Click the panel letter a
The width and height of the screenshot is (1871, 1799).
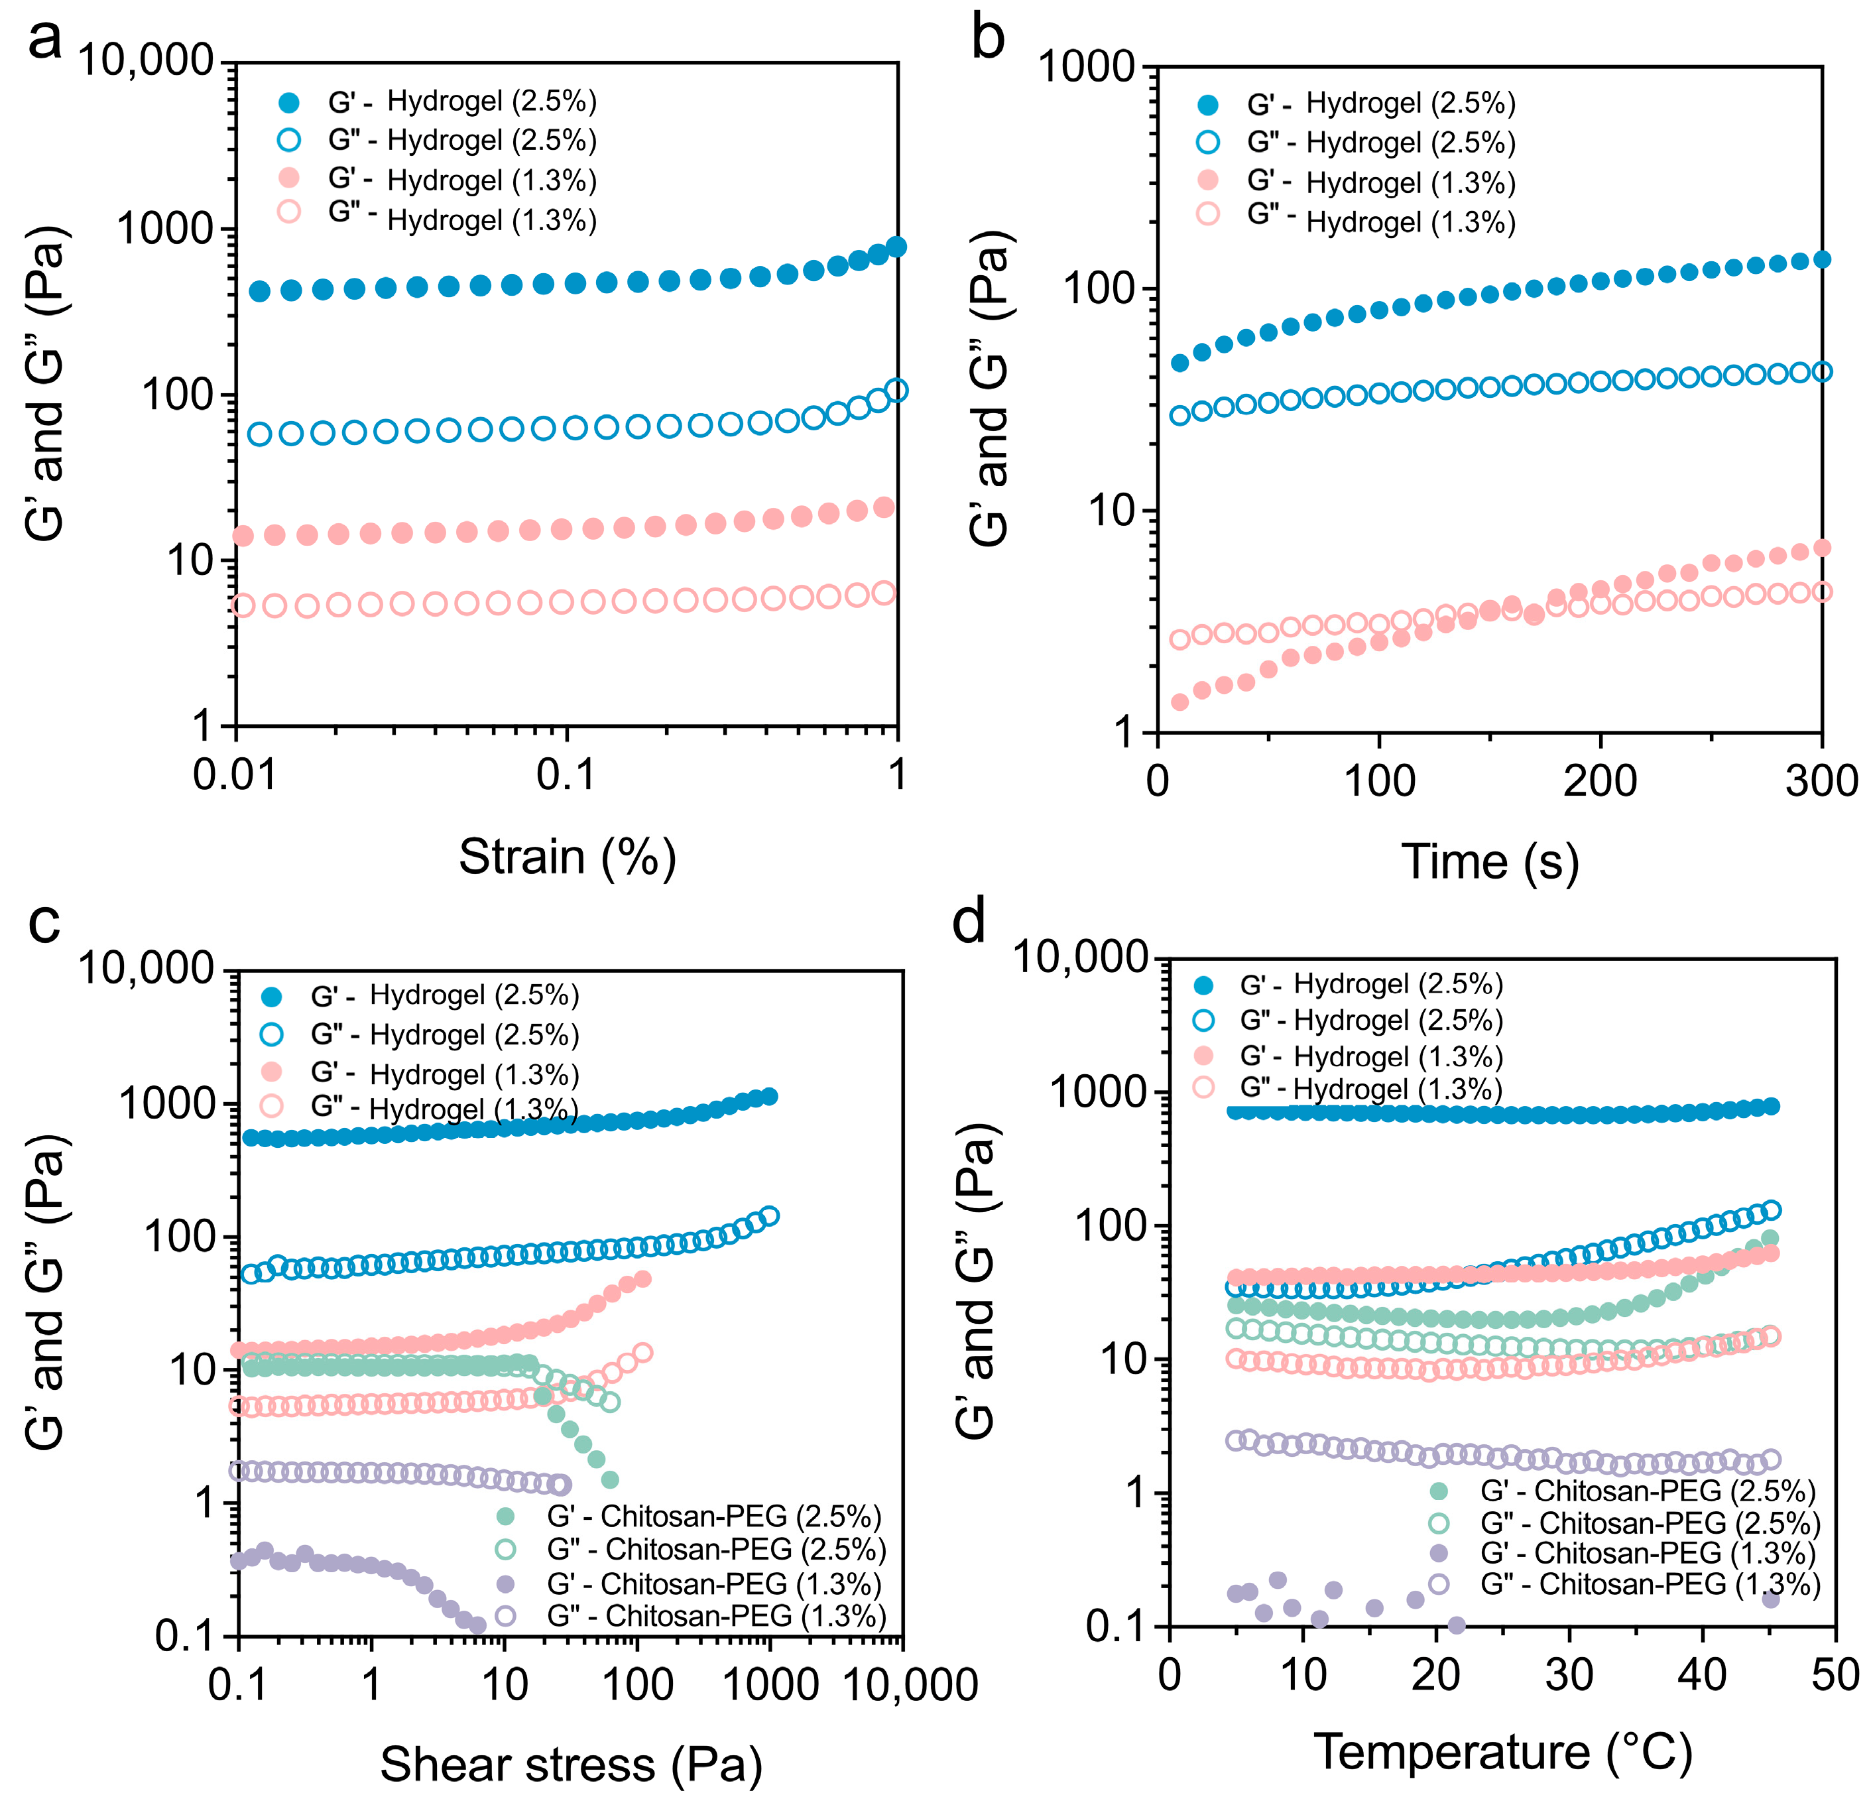point(45,40)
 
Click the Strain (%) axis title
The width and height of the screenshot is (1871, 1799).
point(567,857)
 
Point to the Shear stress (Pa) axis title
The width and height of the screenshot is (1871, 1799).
point(571,1764)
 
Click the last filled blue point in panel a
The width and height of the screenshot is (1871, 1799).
point(896,247)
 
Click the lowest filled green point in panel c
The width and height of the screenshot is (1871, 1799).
point(610,1480)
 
